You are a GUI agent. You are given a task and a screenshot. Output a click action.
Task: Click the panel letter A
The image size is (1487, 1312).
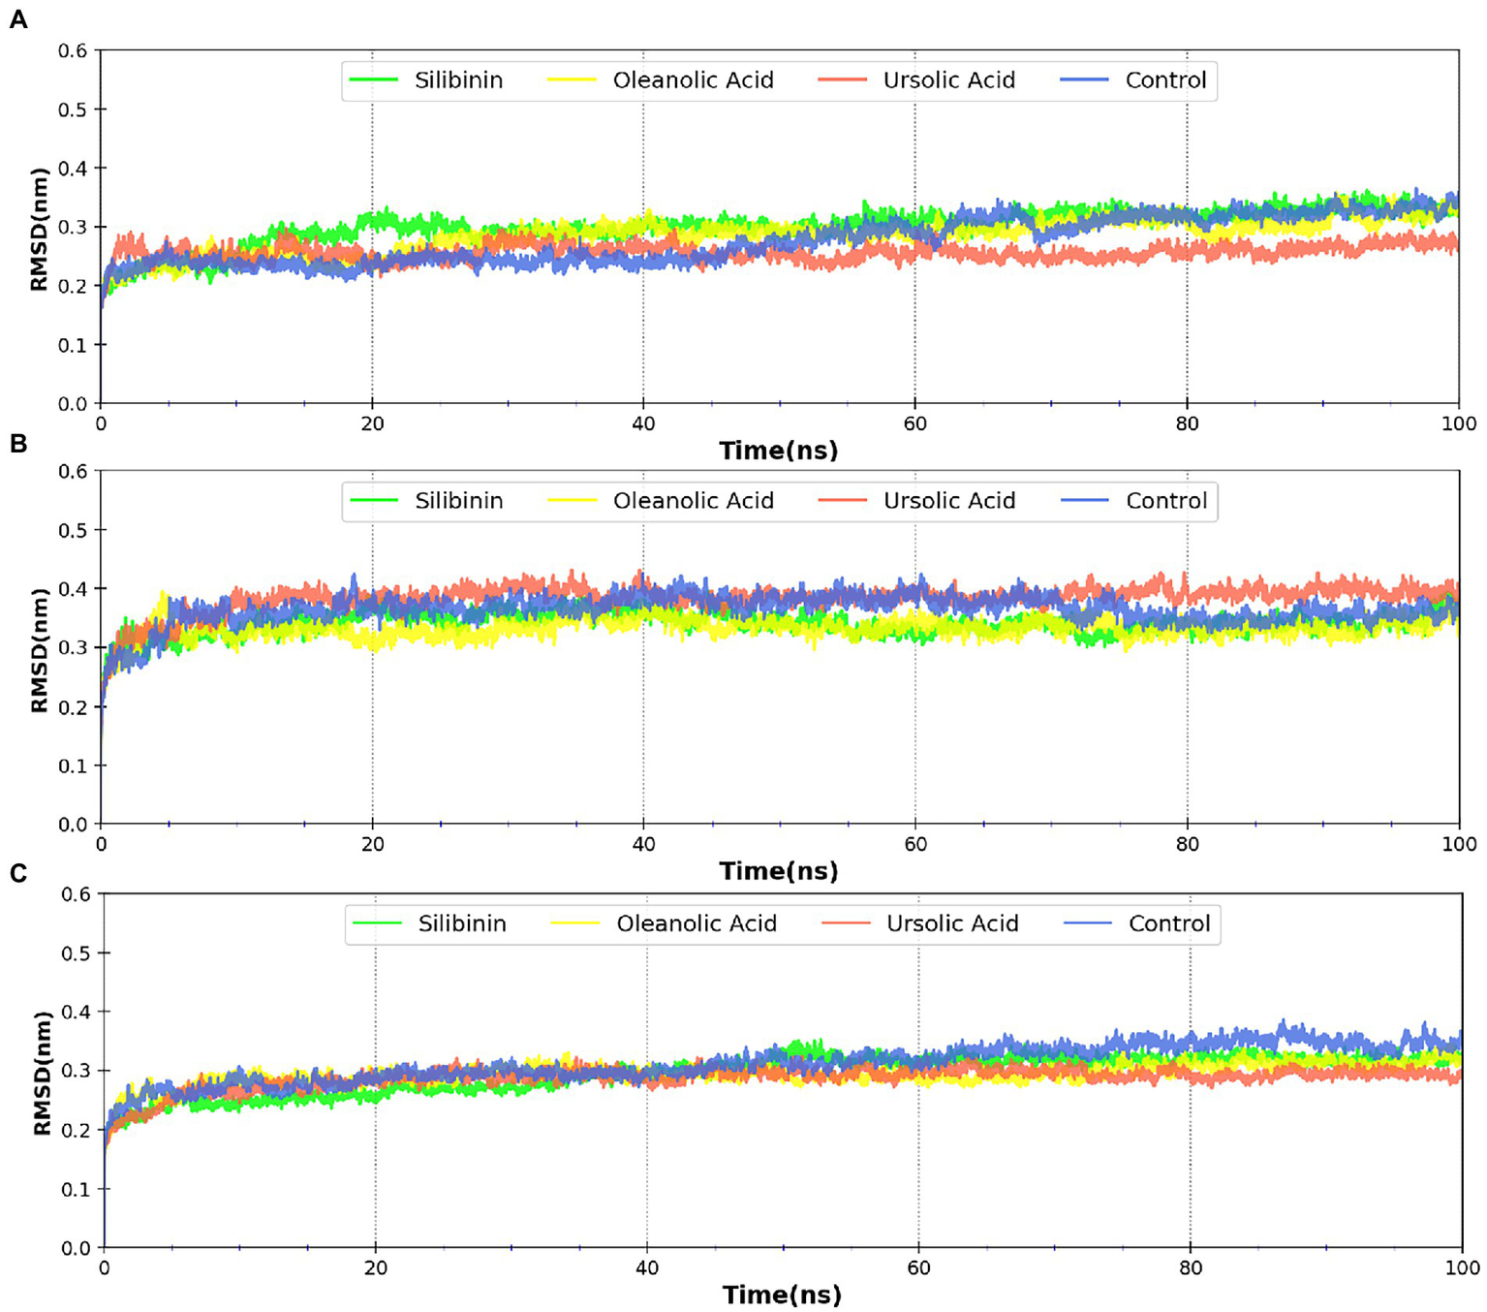tap(17, 19)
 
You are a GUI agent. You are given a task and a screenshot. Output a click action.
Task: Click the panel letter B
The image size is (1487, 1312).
tap(17, 443)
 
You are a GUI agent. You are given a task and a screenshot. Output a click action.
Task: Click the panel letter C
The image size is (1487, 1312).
tap(17, 873)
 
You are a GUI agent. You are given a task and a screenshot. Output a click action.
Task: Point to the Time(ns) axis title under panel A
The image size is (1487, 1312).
tap(778, 451)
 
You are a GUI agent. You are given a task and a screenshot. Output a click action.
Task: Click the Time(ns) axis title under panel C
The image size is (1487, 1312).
tap(782, 1295)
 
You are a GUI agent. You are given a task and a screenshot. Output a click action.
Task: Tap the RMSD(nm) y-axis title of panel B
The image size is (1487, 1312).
tap(40, 649)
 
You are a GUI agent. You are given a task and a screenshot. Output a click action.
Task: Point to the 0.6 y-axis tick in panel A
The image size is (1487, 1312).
tap(72, 50)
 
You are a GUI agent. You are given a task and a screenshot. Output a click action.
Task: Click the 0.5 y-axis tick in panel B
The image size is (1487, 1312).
tap(72, 530)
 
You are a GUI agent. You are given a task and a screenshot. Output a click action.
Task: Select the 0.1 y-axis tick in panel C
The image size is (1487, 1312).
tap(76, 1189)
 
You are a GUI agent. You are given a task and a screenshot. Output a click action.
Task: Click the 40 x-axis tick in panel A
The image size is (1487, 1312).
tap(643, 423)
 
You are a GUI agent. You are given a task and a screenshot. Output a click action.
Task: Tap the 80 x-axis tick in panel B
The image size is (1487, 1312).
tap(1187, 844)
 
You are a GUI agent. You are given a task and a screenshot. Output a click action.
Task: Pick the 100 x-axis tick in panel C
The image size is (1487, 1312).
tap(1462, 1267)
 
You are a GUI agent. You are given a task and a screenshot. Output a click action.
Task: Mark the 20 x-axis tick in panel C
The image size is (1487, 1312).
tap(375, 1267)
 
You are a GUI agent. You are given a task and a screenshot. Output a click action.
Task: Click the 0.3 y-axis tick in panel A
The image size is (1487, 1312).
tap(72, 227)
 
